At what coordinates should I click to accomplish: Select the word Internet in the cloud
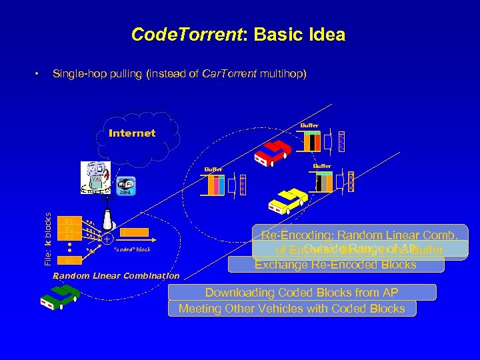(132, 133)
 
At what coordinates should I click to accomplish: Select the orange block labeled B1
(69, 221)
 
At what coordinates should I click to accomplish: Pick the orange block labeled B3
(69, 237)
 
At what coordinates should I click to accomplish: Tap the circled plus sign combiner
(107, 237)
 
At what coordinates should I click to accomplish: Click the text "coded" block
(133, 249)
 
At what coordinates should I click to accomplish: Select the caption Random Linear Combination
(117, 275)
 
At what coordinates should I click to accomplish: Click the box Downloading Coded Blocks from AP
(301, 293)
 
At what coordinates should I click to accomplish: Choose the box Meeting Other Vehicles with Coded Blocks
(297, 309)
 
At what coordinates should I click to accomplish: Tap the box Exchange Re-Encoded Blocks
(335, 265)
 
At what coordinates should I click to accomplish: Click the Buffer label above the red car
(309, 125)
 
